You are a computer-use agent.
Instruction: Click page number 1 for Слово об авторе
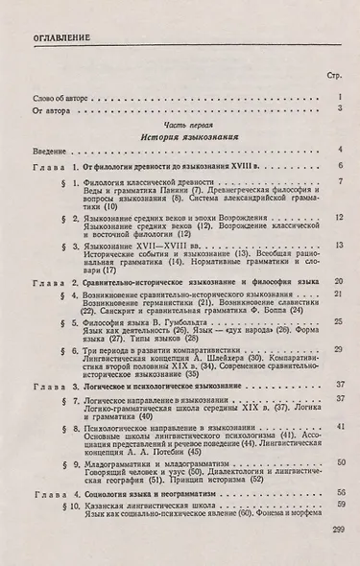coord(341,97)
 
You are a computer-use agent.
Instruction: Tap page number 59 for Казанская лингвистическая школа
coord(339,530)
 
